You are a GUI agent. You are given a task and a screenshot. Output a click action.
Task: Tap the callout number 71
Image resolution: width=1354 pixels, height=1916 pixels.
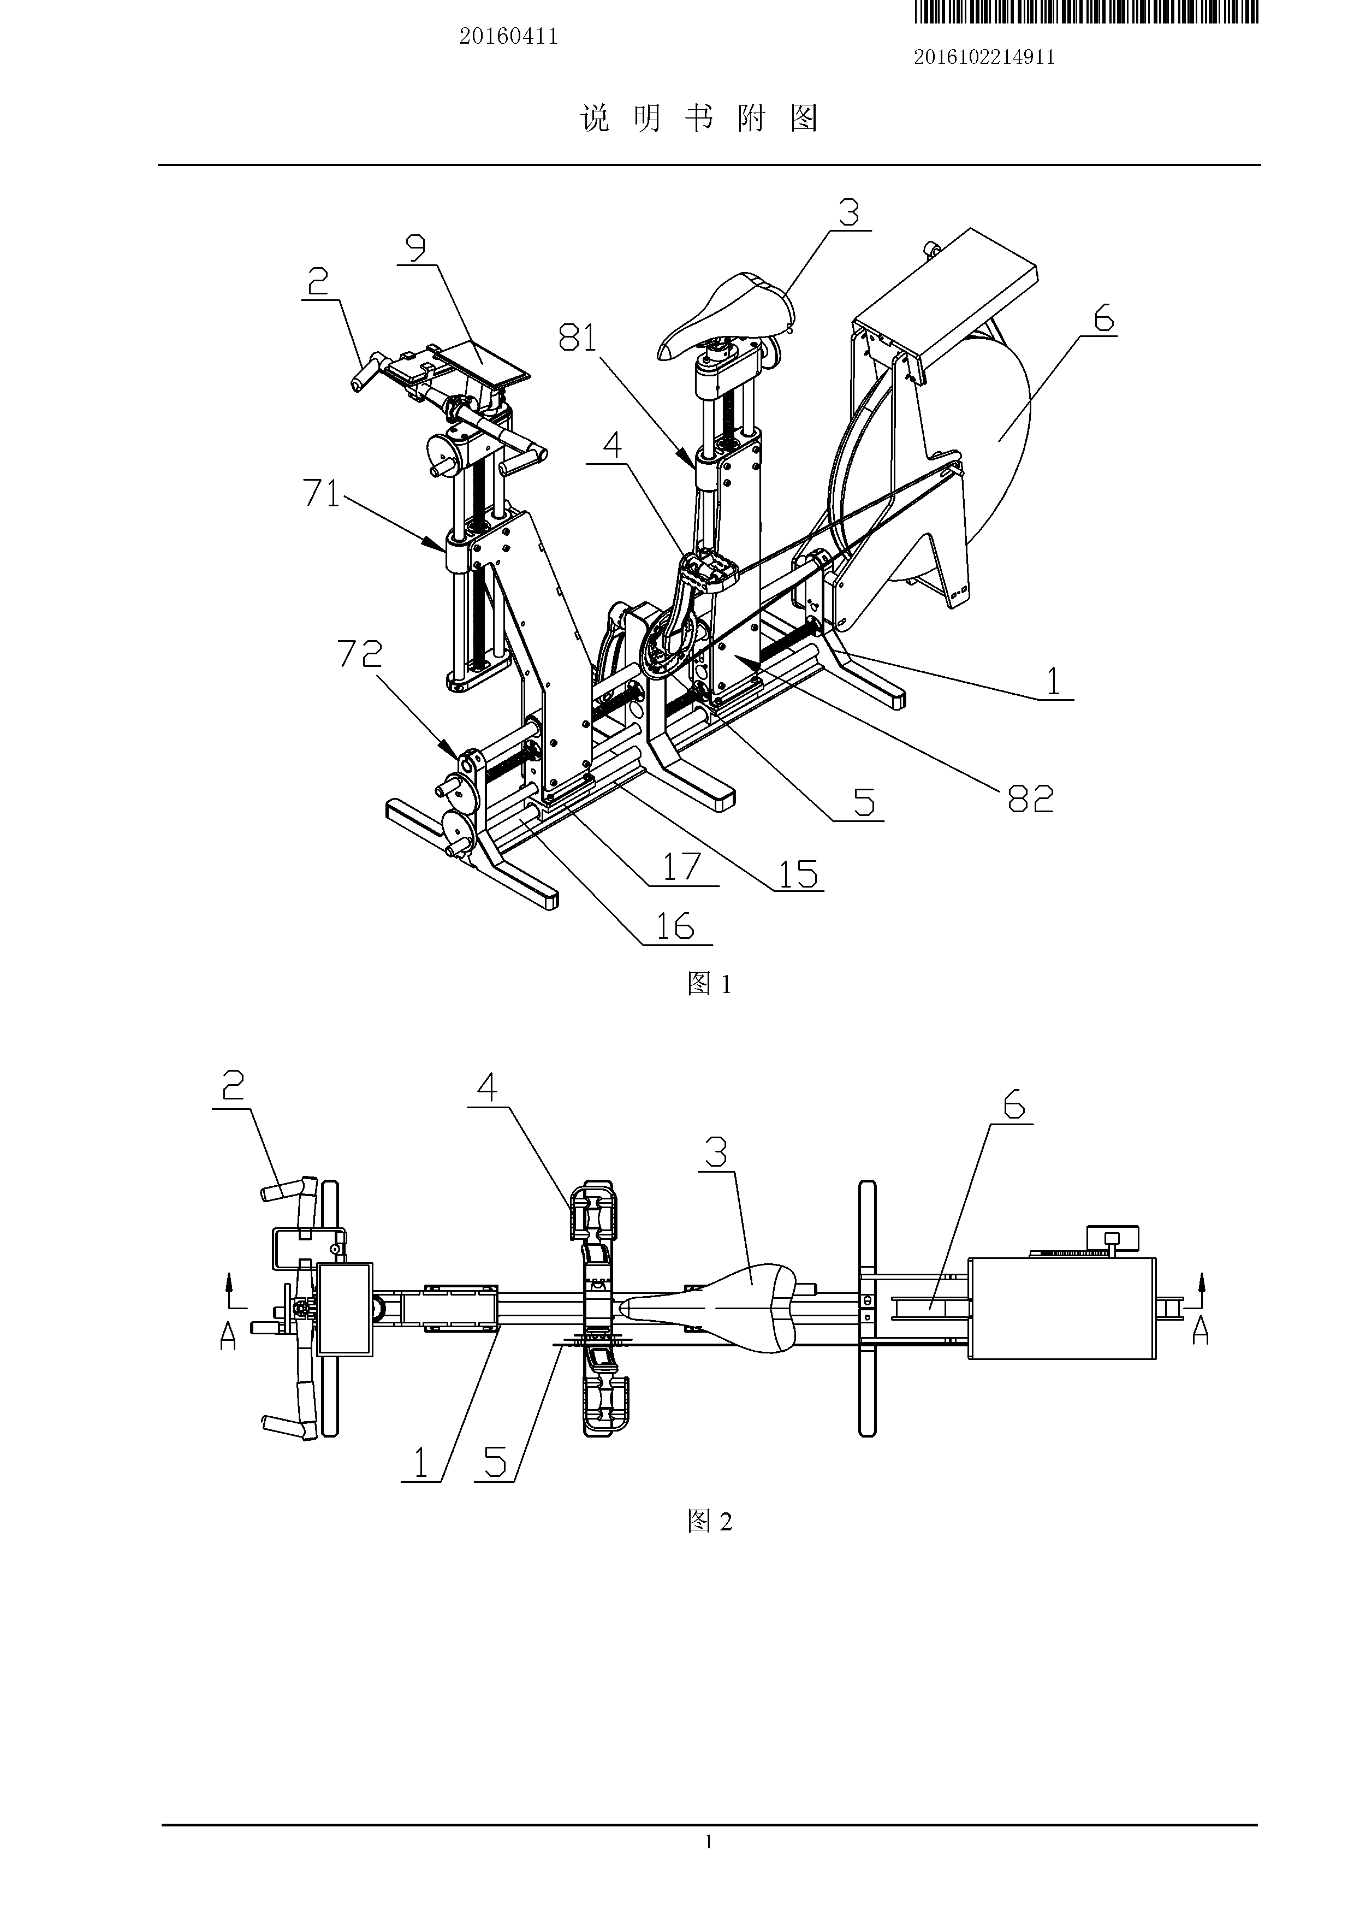pyautogui.click(x=322, y=494)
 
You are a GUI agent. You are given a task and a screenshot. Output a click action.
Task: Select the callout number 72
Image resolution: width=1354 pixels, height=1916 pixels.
pyautogui.click(x=360, y=653)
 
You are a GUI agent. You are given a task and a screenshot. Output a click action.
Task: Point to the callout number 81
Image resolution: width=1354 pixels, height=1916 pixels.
pyautogui.click(x=579, y=337)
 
